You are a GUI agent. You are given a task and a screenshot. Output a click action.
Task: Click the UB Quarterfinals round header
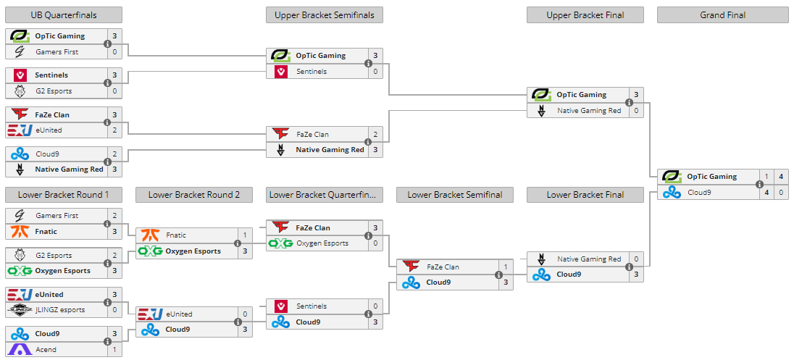[x=64, y=15]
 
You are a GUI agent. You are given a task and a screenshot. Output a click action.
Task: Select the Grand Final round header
[x=722, y=15]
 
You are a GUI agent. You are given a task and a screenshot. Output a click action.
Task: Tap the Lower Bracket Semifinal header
[x=455, y=195]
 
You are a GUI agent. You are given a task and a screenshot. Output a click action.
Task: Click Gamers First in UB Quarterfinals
[x=57, y=52]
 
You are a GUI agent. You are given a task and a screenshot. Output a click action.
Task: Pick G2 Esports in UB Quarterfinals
[x=53, y=91]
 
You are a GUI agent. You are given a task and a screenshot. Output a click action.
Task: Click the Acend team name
[x=46, y=350]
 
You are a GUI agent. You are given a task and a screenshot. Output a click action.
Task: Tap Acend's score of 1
[x=114, y=350]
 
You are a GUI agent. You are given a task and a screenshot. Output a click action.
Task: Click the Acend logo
[x=20, y=350]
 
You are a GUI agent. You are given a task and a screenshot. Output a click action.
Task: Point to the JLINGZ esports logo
[x=20, y=310]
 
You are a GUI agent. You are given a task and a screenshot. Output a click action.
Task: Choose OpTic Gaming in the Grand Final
[x=711, y=177]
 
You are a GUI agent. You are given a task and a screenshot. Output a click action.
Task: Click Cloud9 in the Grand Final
[x=700, y=193]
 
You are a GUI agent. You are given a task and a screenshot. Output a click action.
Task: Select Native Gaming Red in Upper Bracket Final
[x=589, y=111]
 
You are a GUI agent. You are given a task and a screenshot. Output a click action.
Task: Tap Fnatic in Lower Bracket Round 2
[x=176, y=235]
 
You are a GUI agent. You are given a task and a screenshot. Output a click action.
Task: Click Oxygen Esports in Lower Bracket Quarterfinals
[x=322, y=243]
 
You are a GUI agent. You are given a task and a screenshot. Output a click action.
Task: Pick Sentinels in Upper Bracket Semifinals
[x=311, y=72]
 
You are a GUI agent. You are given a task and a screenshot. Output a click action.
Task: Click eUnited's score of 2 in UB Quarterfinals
[x=114, y=130]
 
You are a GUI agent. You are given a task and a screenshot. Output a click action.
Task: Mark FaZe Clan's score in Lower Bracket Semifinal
[x=506, y=267]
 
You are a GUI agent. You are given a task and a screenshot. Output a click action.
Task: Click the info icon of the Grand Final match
[x=759, y=185]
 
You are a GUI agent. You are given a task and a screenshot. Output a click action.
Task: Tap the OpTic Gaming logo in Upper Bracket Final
[x=541, y=95]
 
